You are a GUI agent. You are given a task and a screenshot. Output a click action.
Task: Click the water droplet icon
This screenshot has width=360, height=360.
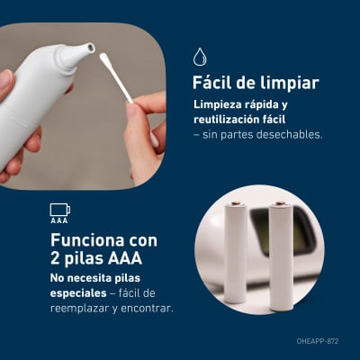pos(200,57)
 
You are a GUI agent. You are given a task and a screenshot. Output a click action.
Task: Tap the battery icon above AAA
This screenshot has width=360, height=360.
pos(60,210)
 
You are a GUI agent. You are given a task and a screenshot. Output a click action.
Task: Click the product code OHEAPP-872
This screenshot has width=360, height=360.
pos(318,341)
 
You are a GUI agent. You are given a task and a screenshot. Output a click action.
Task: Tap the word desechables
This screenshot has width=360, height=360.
pos(290,134)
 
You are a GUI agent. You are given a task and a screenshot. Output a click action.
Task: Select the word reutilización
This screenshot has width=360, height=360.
pos(223,120)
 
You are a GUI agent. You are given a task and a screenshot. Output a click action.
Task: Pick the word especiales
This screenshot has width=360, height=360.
pos(78,293)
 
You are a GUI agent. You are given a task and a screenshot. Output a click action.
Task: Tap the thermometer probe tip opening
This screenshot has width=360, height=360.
pos(90,47)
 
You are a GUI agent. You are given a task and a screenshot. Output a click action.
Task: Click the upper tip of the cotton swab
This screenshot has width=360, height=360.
pos(103,58)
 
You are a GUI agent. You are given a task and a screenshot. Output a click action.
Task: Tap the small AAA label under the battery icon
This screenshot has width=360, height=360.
pos(59,220)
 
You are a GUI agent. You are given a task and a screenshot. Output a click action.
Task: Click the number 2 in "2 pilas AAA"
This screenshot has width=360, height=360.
pos(55,258)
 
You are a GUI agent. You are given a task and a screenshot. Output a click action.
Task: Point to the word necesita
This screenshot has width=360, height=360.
pos(85,278)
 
